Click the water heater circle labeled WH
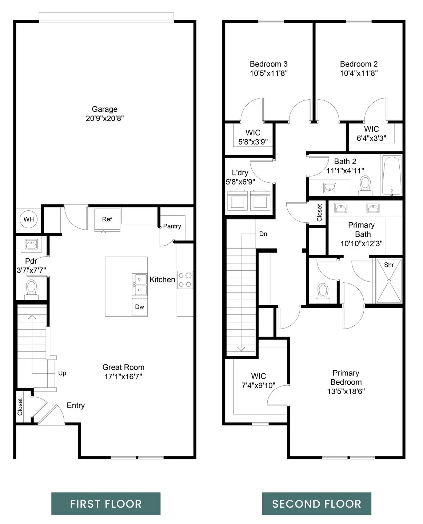(28, 219)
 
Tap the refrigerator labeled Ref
(107, 219)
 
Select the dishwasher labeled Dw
(140, 307)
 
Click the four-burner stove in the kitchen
(185, 280)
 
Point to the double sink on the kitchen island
(140, 285)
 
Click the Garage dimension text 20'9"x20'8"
(105, 118)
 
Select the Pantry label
(172, 226)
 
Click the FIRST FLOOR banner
(105, 504)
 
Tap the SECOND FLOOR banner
(316, 504)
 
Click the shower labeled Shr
(389, 281)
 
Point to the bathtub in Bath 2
(392, 175)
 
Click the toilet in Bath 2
(364, 184)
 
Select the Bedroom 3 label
(268, 64)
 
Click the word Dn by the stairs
(263, 234)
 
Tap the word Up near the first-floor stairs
(62, 373)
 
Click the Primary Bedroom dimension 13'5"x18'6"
(346, 392)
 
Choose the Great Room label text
(123, 367)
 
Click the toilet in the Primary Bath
(323, 293)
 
